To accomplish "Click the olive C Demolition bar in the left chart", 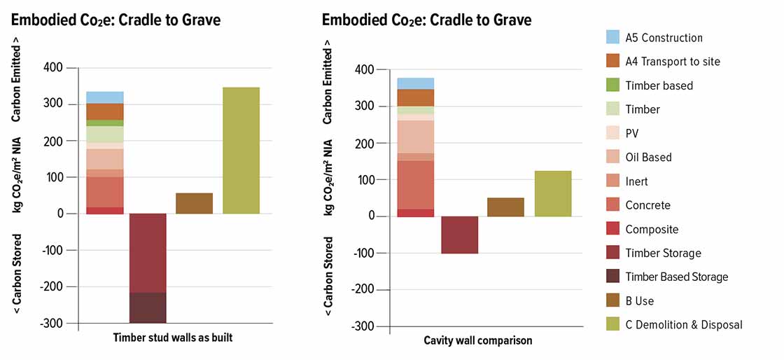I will click(x=241, y=151).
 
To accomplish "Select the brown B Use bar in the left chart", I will click(x=194, y=203).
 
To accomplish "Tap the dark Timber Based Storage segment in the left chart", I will click(x=148, y=307).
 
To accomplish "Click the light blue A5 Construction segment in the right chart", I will click(x=416, y=83).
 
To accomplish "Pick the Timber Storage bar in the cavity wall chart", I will click(x=460, y=235).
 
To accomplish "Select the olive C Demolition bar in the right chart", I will click(x=553, y=193).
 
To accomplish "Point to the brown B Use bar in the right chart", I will click(x=505, y=207).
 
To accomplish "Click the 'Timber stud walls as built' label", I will click(x=173, y=338).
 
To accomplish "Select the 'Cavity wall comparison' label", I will click(x=477, y=340).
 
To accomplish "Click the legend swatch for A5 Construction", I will click(x=612, y=37).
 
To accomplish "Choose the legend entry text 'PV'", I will click(x=631, y=133).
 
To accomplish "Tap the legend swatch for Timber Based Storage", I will click(x=612, y=277).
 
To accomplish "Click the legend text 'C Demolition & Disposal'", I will click(x=684, y=324).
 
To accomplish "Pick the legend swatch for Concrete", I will click(x=612, y=205).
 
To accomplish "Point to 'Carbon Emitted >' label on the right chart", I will click(x=328, y=88).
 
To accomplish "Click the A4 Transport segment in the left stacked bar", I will click(x=105, y=111).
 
